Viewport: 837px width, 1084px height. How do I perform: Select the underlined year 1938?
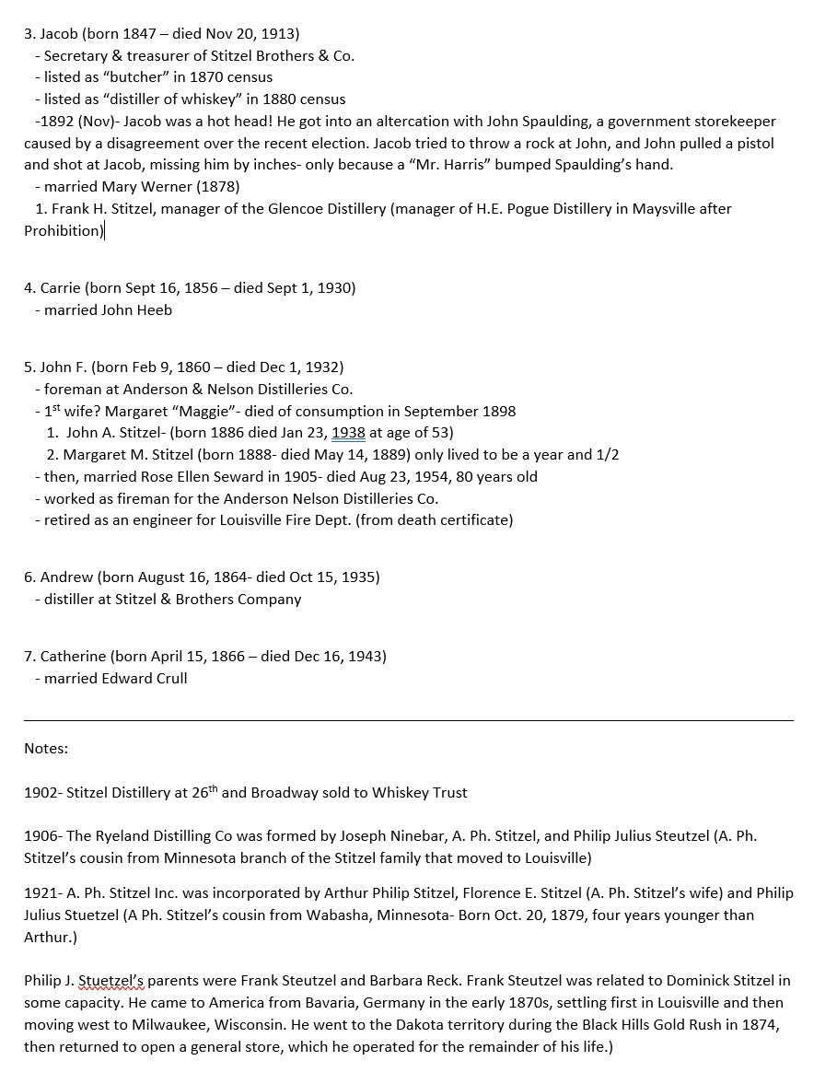coord(348,432)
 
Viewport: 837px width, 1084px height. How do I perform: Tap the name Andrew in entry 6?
coord(66,577)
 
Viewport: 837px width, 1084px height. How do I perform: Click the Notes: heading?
coord(46,749)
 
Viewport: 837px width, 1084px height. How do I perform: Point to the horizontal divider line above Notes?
coord(408,720)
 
